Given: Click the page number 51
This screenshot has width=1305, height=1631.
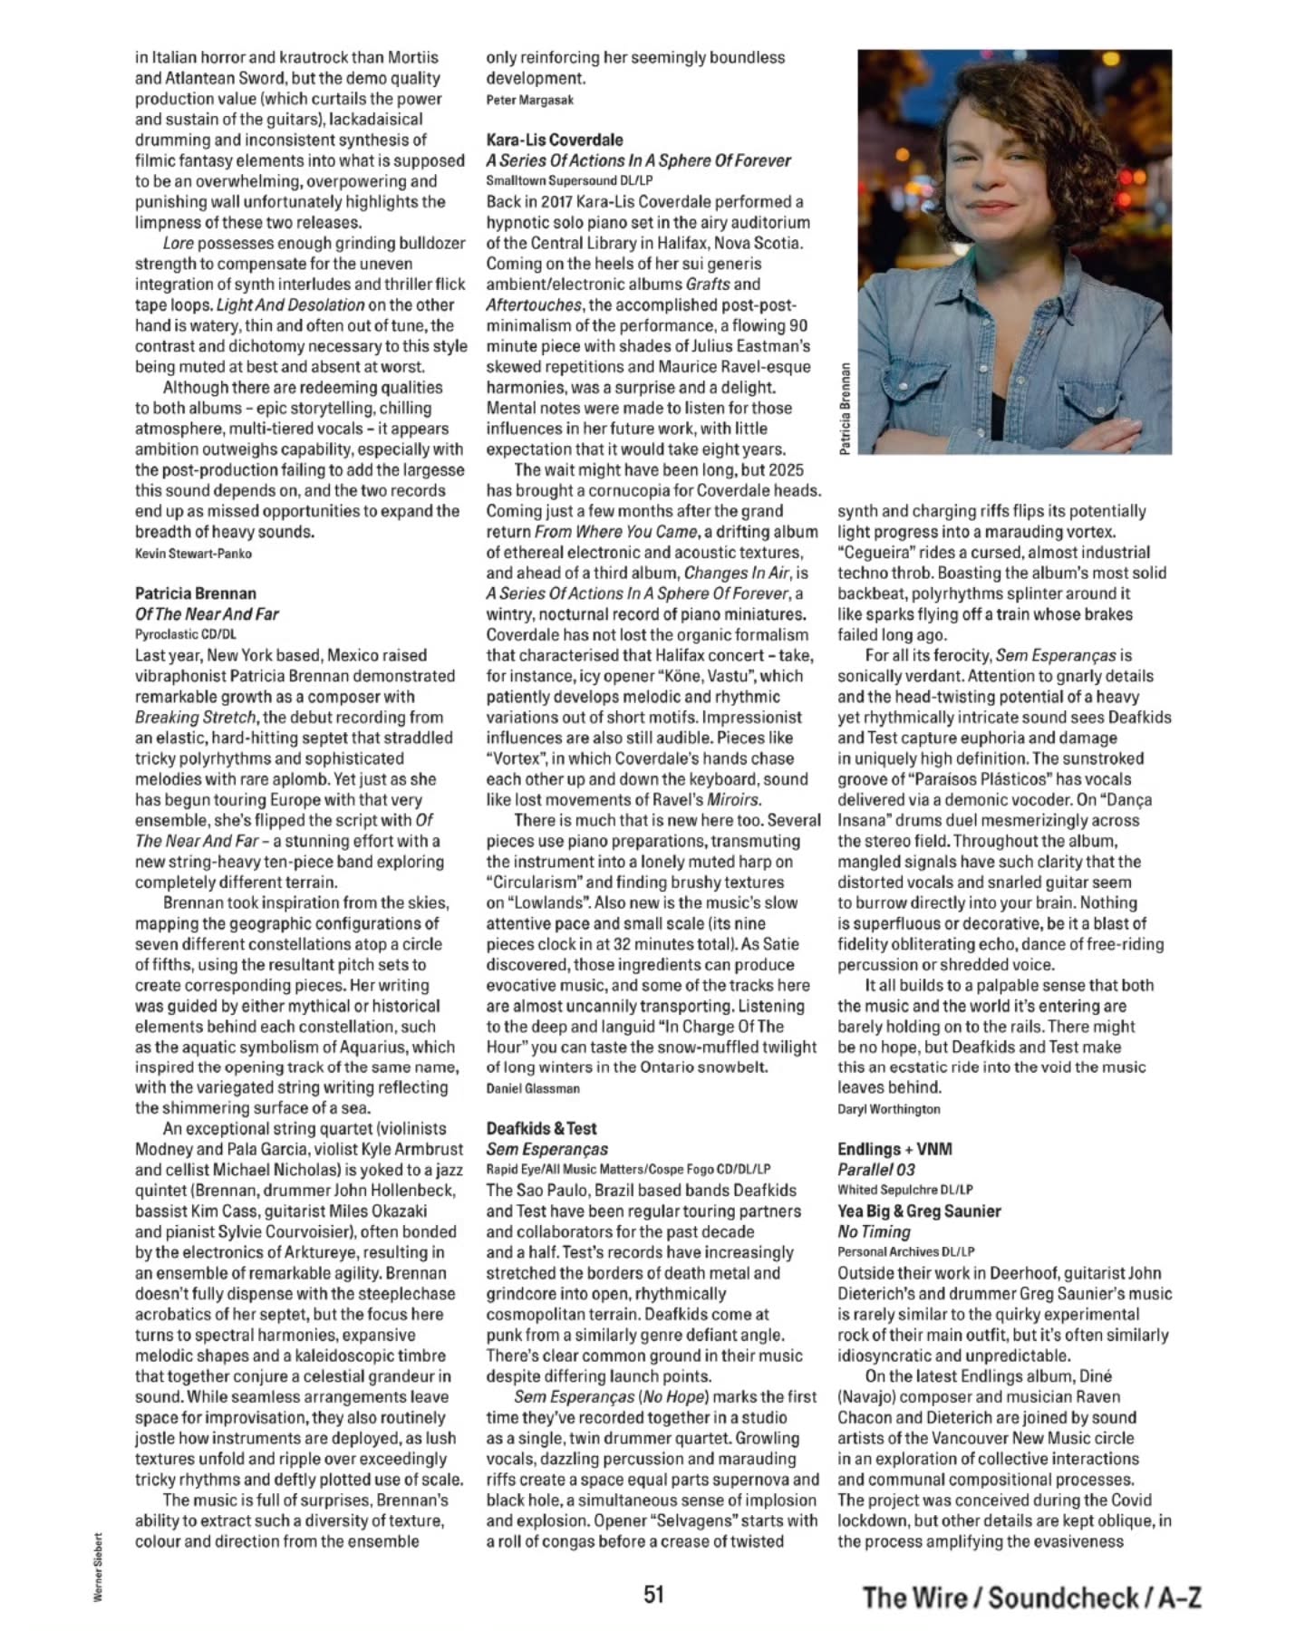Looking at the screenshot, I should (x=653, y=1594).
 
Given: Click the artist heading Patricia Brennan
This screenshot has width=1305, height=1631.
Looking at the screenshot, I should (x=196, y=594).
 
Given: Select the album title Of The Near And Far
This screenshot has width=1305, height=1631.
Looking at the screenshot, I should (x=207, y=614).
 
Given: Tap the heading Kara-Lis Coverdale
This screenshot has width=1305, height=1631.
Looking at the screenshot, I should (x=555, y=140).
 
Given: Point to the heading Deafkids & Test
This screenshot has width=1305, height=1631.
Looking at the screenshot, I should (x=541, y=1128).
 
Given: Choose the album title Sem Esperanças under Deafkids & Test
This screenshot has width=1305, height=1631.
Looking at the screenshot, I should (x=546, y=1149).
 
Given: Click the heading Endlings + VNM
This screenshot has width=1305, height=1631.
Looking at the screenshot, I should (x=894, y=1149).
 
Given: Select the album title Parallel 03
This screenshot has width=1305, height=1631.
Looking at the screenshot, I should (x=875, y=1169).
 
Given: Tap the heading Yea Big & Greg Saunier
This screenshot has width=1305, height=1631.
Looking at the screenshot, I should (x=919, y=1211).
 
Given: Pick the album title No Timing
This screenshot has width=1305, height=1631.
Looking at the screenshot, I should (x=874, y=1231).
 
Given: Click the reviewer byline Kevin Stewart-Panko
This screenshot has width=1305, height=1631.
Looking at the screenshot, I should (x=193, y=554).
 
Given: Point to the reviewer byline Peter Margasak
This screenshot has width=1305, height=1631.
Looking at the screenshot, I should (x=530, y=100).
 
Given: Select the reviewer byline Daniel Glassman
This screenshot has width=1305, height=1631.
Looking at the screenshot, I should (x=533, y=1088).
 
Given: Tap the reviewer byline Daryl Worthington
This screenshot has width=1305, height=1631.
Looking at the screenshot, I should (x=889, y=1109).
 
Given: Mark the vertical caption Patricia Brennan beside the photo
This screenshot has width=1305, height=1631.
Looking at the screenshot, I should (x=846, y=410).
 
